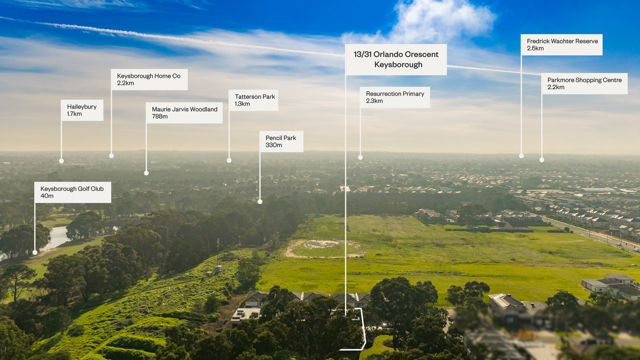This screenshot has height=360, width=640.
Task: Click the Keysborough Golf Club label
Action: (x=72, y=192)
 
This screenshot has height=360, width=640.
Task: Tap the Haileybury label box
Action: (x=82, y=110)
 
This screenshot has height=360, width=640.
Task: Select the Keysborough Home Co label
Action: (x=149, y=80)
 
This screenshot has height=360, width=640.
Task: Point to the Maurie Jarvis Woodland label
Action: (x=184, y=113)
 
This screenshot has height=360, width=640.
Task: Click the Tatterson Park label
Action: (x=254, y=100)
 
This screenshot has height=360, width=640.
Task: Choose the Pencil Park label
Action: (x=281, y=142)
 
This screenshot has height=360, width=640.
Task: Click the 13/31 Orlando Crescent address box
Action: (x=396, y=60)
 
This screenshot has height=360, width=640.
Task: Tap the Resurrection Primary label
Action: (x=395, y=98)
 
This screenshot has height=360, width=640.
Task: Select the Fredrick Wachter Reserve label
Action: (x=562, y=45)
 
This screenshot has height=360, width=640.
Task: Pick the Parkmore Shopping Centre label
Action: (x=584, y=84)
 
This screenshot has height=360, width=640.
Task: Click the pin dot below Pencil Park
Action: (x=260, y=202)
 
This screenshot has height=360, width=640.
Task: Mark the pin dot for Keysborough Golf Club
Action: (x=35, y=252)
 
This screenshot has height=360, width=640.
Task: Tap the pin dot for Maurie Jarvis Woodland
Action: (x=146, y=173)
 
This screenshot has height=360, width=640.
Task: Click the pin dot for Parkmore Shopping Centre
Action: (x=542, y=160)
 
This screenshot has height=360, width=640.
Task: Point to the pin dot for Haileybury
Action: (x=62, y=161)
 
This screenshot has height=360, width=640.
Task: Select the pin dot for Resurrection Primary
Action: (x=360, y=158)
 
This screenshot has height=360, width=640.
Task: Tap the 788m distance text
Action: (x=160, y=116)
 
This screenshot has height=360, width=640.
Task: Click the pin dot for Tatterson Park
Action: (x=229, y=160)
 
